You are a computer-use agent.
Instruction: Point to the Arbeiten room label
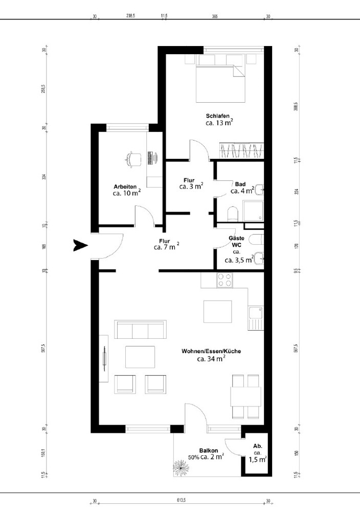pos(125,187)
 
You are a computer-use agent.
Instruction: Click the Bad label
pos(240,184)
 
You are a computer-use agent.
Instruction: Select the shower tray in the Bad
pos(253,210)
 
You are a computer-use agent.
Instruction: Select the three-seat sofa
pos(141,330)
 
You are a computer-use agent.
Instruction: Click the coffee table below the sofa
pos(140,356)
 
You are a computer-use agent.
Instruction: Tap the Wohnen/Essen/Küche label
pos(211,352)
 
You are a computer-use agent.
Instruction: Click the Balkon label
pos(209,451)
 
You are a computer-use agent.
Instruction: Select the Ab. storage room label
pos(257,446)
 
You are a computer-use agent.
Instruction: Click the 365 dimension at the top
pos(215,16)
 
